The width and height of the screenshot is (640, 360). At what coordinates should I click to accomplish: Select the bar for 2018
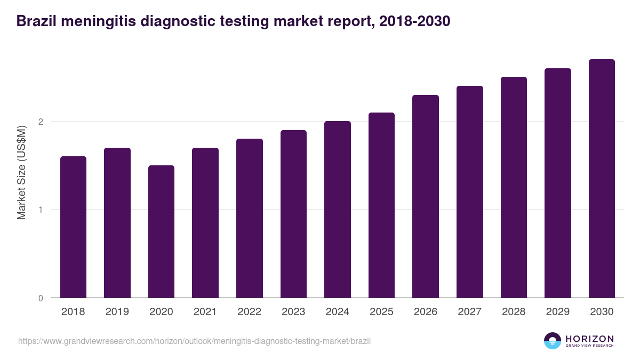73,227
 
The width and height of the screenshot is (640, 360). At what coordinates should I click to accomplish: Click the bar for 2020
161,231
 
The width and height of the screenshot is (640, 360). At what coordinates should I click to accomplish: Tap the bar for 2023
293,213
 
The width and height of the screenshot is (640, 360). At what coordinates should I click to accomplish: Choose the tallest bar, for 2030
602,178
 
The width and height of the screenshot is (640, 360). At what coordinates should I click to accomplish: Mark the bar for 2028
514,187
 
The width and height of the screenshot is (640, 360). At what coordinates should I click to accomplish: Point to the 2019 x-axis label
117,312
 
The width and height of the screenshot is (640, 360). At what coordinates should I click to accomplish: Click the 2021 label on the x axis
205,312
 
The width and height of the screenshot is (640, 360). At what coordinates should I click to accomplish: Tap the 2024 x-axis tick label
338,312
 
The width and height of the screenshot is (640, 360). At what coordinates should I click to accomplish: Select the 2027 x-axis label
470,312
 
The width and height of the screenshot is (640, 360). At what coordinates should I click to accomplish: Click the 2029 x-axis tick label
558,312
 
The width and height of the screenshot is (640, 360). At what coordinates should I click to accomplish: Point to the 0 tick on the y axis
41,298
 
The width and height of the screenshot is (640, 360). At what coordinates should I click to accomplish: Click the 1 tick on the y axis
41,210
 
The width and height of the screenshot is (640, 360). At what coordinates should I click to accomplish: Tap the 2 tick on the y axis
41,122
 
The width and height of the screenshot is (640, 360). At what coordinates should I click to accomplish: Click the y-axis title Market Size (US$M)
21,172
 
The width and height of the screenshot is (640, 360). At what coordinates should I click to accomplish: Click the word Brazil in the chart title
35,21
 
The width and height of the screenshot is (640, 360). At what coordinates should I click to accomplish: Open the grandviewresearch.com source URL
194,341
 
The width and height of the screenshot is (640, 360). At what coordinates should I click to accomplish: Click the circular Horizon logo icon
552,341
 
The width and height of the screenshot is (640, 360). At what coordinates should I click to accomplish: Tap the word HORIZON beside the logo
589,338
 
